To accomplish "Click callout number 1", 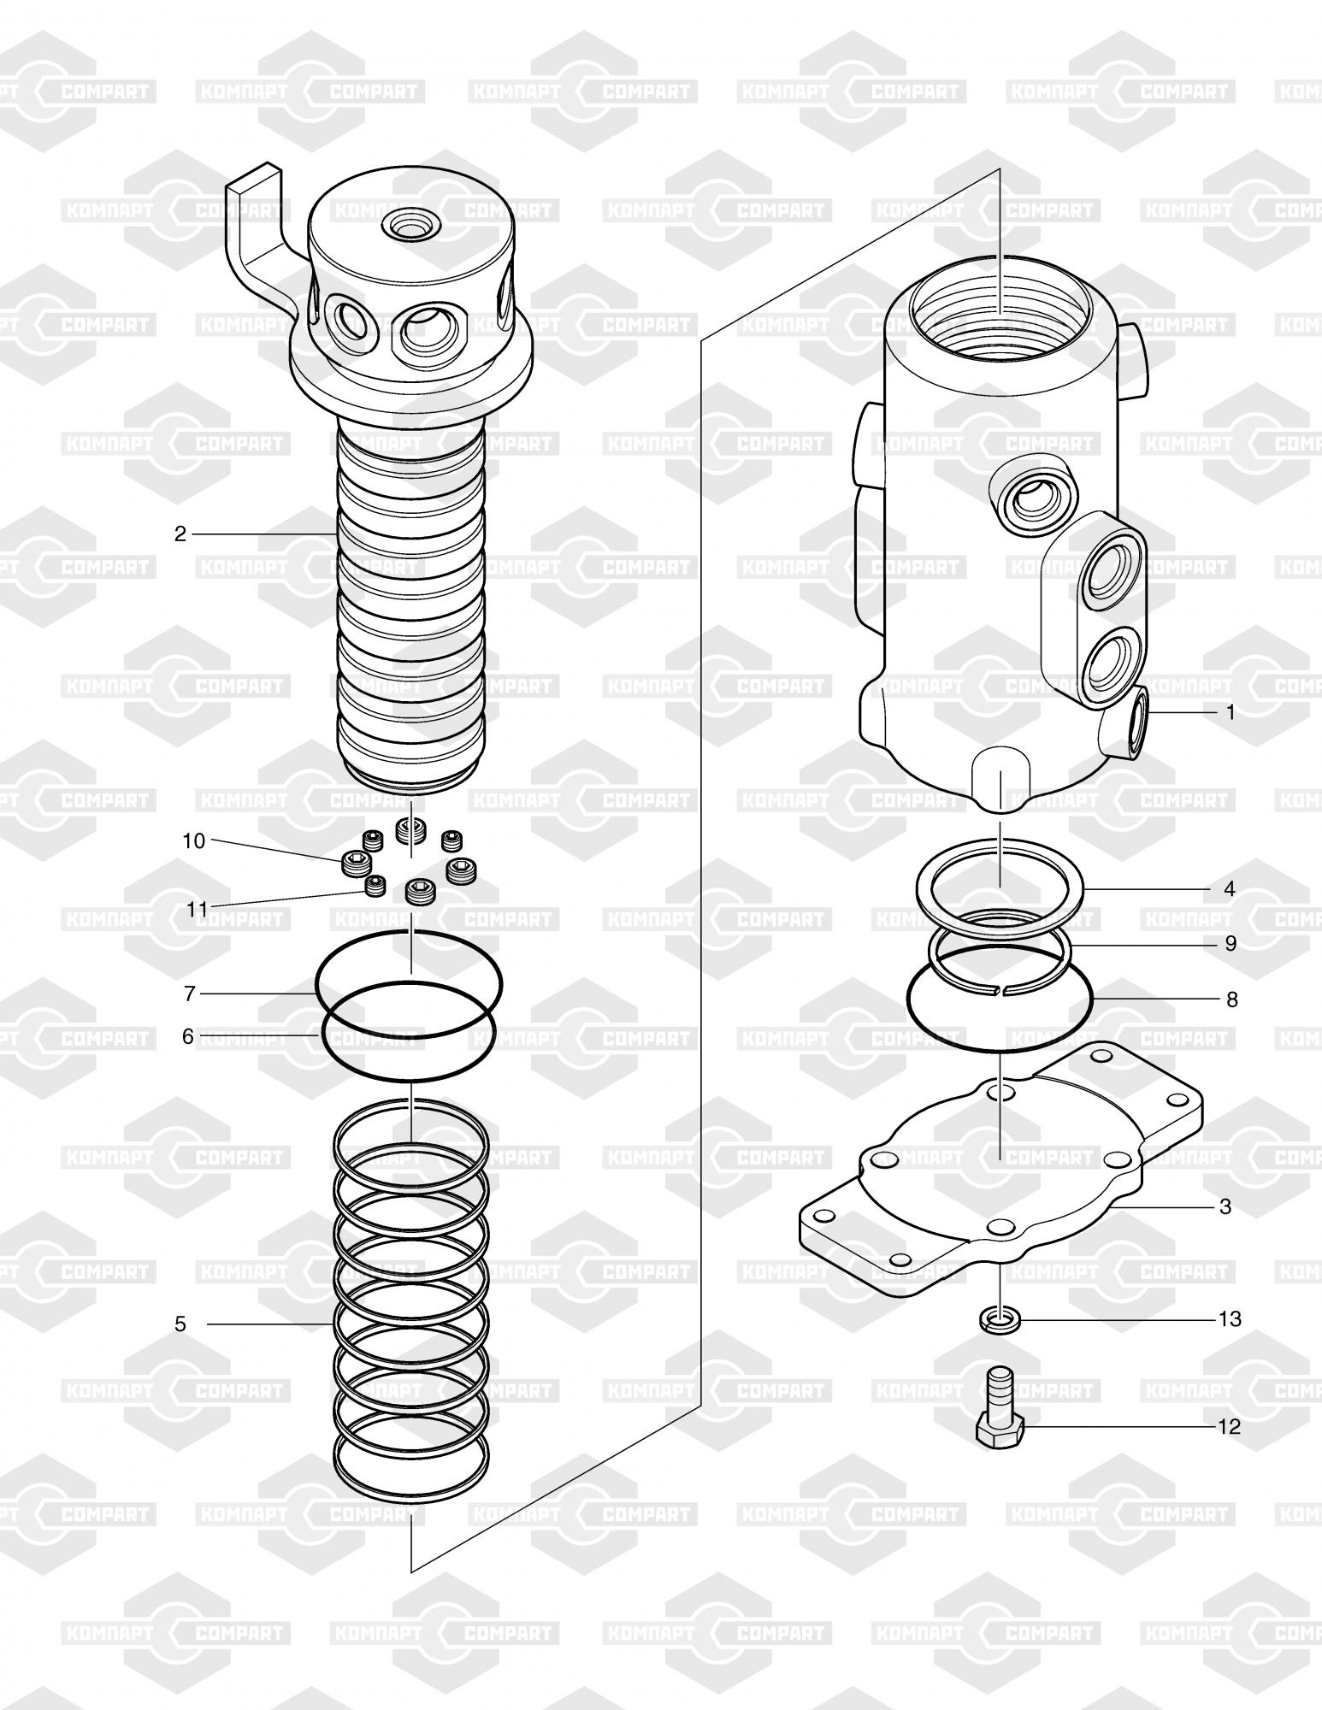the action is (x=1231, y=712).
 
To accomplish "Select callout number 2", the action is (x=180, y=534).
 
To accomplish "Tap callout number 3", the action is (x=1225, y=1206).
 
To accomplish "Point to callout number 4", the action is (x=1230, y=889).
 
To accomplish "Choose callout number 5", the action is (x=180, y=1324).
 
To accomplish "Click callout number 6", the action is (x=188, y=1036).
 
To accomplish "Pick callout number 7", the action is (x=190, y=994).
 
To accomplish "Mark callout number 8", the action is (x=1231, y=999).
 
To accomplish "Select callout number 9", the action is (x=1231, y=944).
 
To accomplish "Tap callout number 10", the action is (x=194, y=841).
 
